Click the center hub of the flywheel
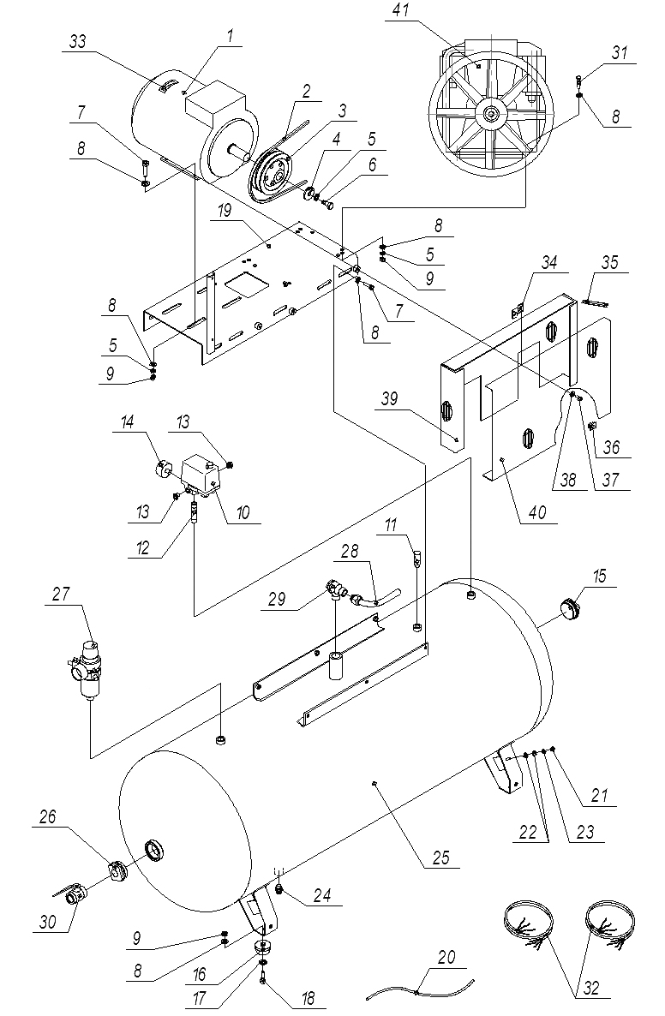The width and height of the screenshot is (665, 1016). pyautogui.click(x=491, y=112)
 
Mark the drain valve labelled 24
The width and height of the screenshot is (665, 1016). pyautogui.click(x=279, y=891)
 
